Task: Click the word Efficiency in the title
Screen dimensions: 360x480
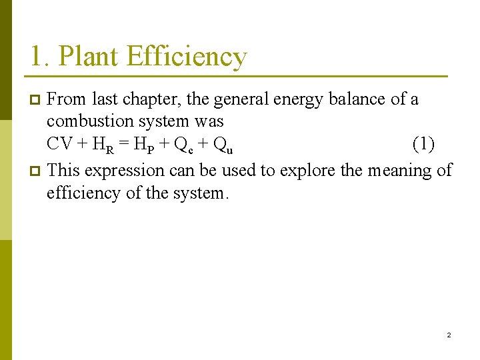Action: coord(186,58)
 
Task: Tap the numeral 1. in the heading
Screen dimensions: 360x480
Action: coord(38,57)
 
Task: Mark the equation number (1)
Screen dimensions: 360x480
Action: coord(424,144)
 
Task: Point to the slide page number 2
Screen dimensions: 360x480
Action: coord(449,335)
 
